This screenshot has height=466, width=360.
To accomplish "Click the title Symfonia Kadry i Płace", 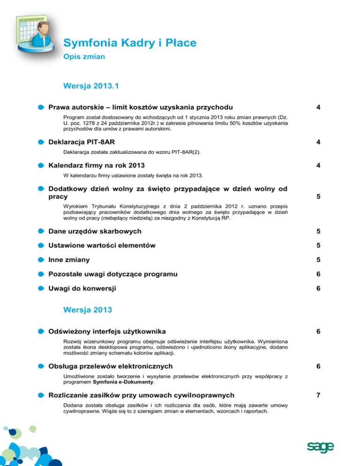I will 129,44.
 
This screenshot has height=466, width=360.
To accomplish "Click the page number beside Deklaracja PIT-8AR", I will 318,141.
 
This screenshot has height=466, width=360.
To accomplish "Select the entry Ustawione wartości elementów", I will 103,245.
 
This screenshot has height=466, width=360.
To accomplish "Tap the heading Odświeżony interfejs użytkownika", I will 107,331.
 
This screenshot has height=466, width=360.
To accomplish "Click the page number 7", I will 318,395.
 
